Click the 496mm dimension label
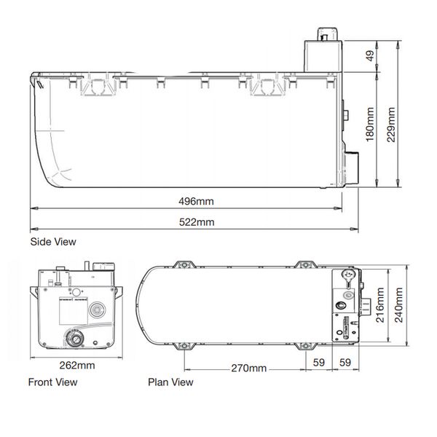click(x=196, y=201)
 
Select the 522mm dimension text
click(x=197, y=222)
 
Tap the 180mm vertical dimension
click(x=370, y=125)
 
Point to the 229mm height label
click(x=391, y=125)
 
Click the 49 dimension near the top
click(x=370, y=56)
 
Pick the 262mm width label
click(x=77, y=365)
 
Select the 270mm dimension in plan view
click(x=248, y=368)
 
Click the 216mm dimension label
click(x=380, y=305)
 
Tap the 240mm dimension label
click(x=399, y=305)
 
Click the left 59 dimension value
click(x=319, y=363)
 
